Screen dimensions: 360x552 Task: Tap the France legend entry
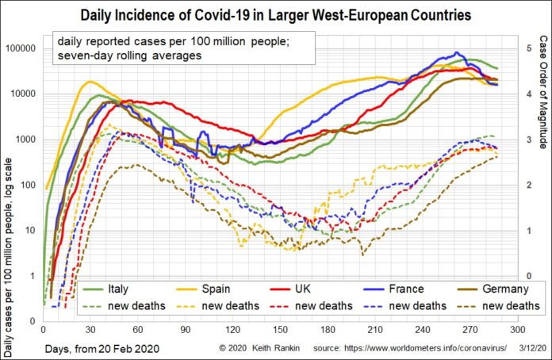tap(405, 288)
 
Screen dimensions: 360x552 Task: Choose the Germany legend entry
tap(496, 288)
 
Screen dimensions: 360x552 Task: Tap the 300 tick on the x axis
tap(519, 329)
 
